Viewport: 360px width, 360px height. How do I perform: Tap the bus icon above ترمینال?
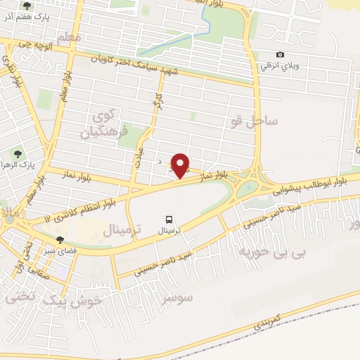169,219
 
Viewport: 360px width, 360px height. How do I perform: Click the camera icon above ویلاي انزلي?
281,54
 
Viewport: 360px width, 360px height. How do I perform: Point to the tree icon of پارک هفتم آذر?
27,6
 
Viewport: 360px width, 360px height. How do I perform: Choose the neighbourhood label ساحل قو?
253,122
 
